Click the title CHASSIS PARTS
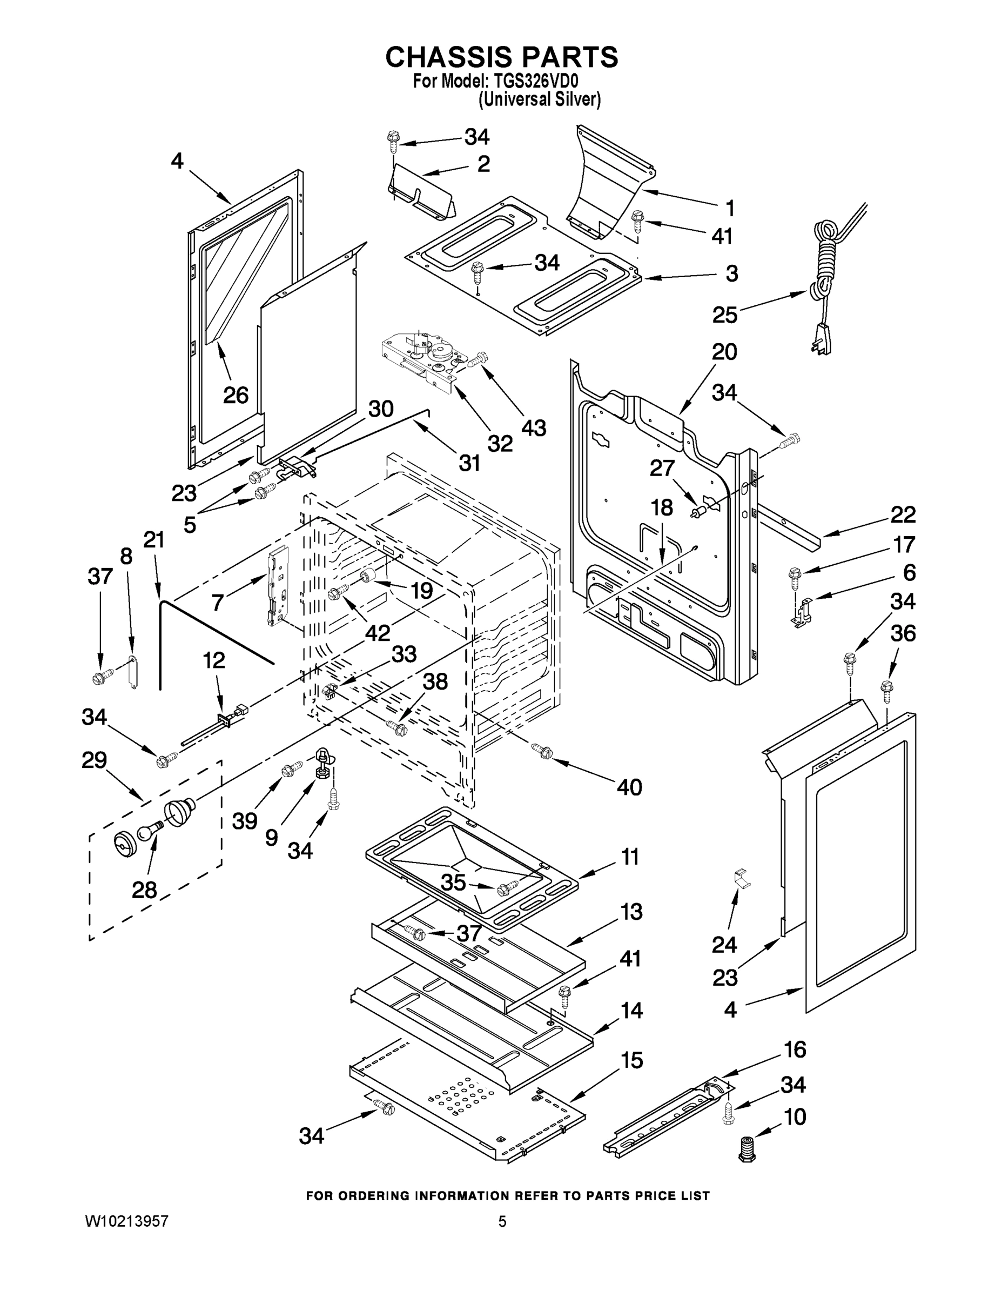[502, 58]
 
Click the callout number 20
[724, 352]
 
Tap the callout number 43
[533, 427]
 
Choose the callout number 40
[629, 787]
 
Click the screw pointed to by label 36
[887, 690]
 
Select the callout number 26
[236, 395]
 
